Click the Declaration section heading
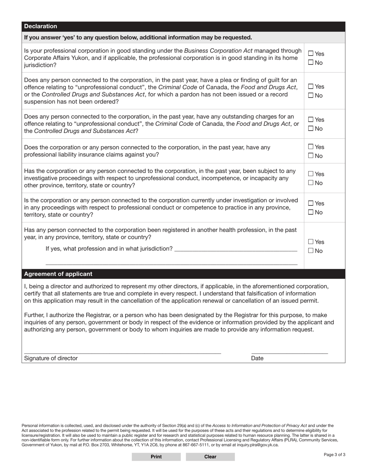click(41, 26)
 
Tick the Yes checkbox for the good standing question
click(311, 54)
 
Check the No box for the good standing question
click(311, 63)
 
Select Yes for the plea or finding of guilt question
click(311, 87)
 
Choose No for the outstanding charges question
click(311, 129)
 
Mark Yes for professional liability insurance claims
click(311, 147)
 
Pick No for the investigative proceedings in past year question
click(311, 183)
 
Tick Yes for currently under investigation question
click(311, 203)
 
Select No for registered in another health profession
click(311, 251)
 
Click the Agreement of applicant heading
click(58, 274)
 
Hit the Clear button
click(210, 456)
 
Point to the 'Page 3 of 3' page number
click(335, 455)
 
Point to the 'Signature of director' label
click(51, 358)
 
